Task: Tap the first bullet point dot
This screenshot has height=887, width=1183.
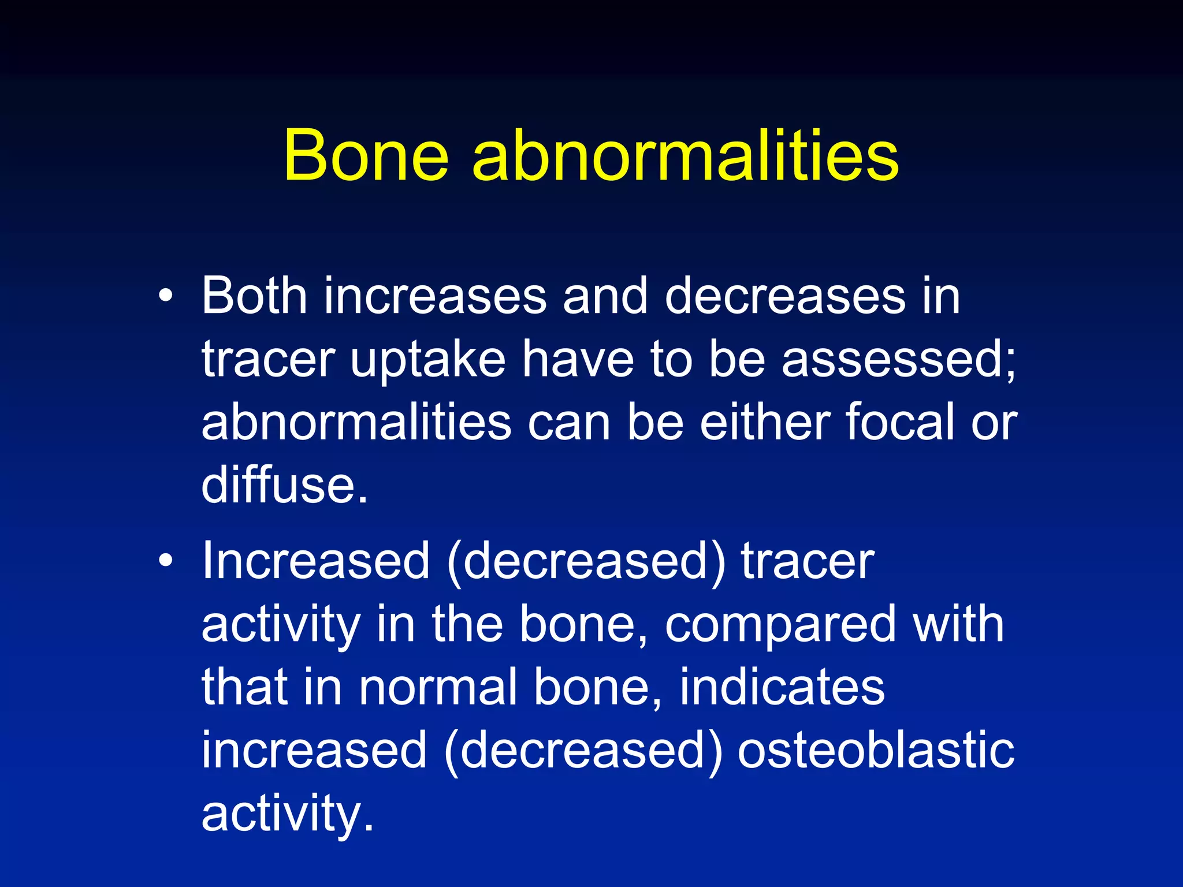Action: (166, 296)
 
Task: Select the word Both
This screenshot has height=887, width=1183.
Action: (254, 296)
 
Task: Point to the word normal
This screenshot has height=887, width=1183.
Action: (437, 687)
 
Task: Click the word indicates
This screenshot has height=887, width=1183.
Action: (782, 687)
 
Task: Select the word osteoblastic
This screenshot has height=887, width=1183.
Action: (876, 750)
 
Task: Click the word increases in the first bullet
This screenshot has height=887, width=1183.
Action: (434, 296)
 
